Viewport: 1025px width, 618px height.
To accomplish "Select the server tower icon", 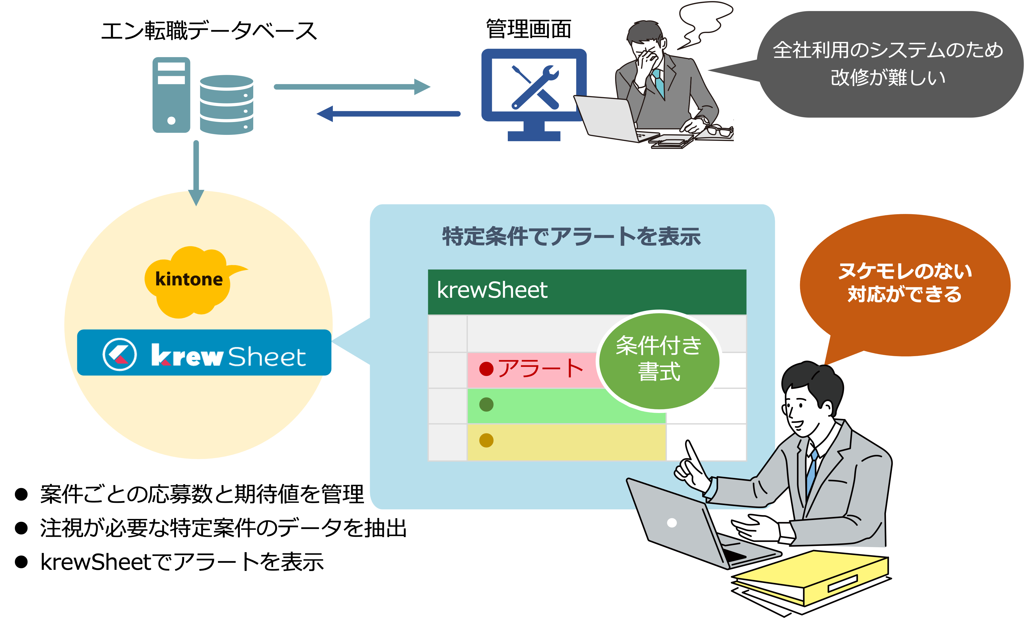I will click(171, 95).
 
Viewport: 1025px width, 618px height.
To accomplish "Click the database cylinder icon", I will click(226, 105).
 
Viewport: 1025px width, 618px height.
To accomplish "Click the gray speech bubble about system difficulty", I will click(888, 64).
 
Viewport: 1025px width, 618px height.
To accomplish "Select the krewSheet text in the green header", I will click(492, 290).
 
